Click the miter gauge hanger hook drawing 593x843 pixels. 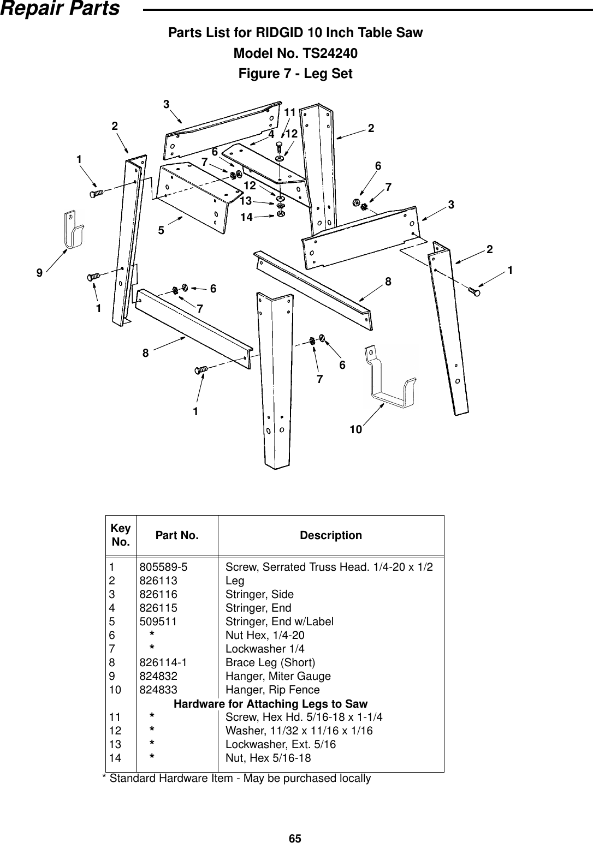[x=73, y=229]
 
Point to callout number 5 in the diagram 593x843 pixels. [x=161, y=231]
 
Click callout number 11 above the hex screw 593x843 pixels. [x=289, y=112]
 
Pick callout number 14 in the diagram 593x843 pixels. [x=246, y=217]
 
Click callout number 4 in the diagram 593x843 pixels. [x=271, y=133]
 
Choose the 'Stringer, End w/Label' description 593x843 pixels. [x=280, y=622]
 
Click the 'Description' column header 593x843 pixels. [x=331, y=535]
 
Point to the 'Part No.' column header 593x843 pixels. [x=177, y=535]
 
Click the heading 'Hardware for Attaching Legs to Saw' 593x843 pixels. [x=270, y=704]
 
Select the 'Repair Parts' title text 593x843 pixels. [x=60, y=9]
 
